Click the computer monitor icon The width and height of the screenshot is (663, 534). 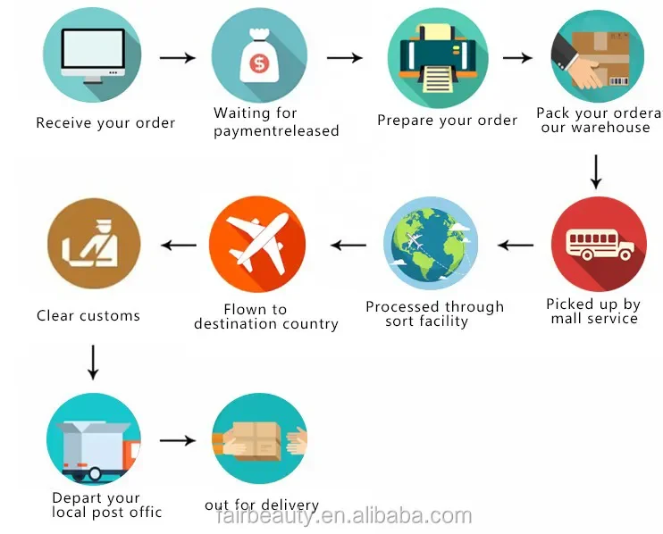click(93, 55)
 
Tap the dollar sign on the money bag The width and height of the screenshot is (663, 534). click(259, 63)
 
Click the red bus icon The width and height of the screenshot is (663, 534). click(599, 244)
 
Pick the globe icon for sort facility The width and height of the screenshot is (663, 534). click(431, 244)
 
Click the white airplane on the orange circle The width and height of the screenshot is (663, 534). click(256, 243)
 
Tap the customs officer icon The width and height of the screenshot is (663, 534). click(93, 243)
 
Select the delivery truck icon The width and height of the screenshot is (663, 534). click(93, 441)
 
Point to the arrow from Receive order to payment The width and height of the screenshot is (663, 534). click(177, 57)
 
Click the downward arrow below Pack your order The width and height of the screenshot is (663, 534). click(596, 171)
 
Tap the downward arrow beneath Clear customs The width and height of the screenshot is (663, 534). click(93, 362)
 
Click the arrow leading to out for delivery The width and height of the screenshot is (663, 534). click(177, 440)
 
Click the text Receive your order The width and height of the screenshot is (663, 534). click(105, 123)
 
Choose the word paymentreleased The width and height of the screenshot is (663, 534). click(276, 131)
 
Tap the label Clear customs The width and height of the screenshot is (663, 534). click(88, 315)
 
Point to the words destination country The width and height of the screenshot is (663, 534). click(266, 324)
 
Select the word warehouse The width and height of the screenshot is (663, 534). click(608, 128)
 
